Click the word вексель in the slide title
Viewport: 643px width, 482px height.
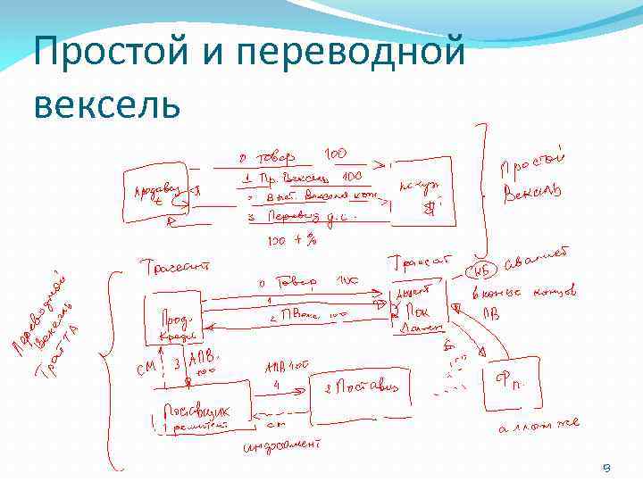click(x=107, y=104)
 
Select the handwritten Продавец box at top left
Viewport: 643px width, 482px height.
click(x=154, y=192)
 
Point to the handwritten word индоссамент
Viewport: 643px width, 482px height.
click(x=283, y=445)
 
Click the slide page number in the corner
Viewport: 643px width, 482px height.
click(x=606, y=467)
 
